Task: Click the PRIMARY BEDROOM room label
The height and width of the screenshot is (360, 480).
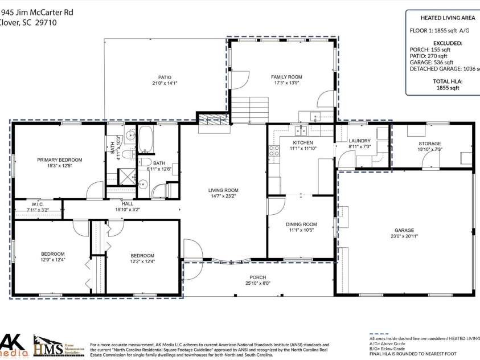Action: click(x=60, y=160)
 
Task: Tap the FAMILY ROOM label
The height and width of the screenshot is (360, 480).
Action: click(x=286, y=77)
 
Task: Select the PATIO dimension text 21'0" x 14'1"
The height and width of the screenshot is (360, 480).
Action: click(x=165, y=83)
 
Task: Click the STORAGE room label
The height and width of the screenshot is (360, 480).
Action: click(x=430, y=144)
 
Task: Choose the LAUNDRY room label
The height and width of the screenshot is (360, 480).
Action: click(x=359, y=141)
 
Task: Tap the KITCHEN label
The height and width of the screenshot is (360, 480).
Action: click(x=303, y=142)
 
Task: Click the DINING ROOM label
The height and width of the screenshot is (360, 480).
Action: click(x=301, y=224)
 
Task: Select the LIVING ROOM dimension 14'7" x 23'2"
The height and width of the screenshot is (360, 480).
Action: click(x=223, y=197)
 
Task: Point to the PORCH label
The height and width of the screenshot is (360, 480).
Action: click(x=258, y=277)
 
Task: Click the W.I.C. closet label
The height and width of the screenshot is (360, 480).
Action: click(x=38, y=204)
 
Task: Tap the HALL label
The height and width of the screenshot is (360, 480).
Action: click(x=128, y=203)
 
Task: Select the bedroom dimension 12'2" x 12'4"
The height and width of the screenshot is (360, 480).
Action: click(x=142, y=261)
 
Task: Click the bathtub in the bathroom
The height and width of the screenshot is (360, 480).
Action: click(x=146, y=140)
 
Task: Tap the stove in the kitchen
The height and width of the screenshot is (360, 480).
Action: click(x=274, y=151)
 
